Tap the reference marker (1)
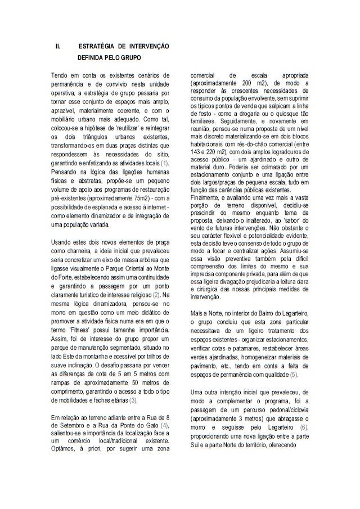164,163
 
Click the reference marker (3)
133,400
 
